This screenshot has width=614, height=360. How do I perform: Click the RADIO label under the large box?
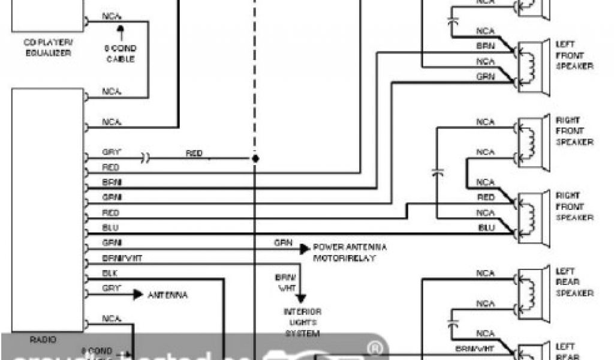coord(43,340)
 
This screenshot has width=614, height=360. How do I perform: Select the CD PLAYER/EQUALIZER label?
coord(47,47)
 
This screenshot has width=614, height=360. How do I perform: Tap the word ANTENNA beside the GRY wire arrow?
coord(167,295)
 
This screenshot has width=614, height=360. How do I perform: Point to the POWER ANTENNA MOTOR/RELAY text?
coord(350,252)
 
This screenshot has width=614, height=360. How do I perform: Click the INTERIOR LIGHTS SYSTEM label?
coord(302,322)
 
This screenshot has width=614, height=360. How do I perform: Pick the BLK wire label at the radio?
coord(110,274)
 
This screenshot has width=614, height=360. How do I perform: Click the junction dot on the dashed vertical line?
coord(255,159)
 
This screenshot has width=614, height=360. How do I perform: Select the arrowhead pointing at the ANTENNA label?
coord(138,295)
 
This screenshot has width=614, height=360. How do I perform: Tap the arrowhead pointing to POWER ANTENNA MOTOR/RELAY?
coord(304,248)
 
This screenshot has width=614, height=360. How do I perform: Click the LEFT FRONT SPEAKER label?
coord(574,55)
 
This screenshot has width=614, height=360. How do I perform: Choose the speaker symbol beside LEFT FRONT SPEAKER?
coord(532,65)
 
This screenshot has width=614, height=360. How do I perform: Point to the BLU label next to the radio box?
coord(110,228)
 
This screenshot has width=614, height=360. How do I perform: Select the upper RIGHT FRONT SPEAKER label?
coord(574,131)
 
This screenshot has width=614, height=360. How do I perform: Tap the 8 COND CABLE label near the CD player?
coord(121,53)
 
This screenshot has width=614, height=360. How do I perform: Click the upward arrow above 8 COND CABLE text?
coord(121,30)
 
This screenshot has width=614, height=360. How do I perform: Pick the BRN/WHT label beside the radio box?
coord(122,259)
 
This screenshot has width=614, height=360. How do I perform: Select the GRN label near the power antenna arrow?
coord(284,244)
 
